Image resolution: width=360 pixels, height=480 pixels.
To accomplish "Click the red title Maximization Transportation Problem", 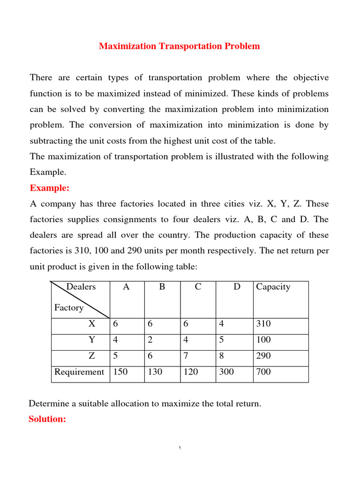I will [x=179, y=46].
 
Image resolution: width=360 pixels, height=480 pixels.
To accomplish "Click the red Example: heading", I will [x=50, y=188].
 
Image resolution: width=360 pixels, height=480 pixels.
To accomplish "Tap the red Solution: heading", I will [x=47, y=419].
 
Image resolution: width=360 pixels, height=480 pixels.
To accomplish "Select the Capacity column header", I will [x=273, y=287].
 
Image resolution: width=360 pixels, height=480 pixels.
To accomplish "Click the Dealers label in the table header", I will [x=81, y=287].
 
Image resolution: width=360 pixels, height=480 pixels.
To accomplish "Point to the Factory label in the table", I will [x=69, y=307].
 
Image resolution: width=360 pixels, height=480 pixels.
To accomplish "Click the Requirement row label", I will [x=79, y=372].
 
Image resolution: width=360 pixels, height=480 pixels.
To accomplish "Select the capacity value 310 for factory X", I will [x=263, y=324].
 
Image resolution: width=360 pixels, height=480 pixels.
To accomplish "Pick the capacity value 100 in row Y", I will [x=263, y=340].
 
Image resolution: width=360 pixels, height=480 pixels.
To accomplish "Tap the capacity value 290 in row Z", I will [x=263, y=356].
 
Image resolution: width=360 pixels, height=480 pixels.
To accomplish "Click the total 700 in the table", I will [x=263, y=372].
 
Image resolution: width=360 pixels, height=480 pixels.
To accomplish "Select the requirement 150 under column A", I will [x=120, y=372].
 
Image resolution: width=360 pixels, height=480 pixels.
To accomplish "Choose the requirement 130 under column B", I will [x=155, y=372].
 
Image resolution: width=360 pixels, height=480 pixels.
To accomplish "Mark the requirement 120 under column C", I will [x=191, y=372].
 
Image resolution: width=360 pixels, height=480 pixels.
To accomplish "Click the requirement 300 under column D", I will [x=226, y=372].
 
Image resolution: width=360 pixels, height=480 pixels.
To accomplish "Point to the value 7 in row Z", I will [x=186, y=356].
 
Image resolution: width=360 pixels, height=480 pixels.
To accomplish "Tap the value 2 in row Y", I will [x=150, y=340].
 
